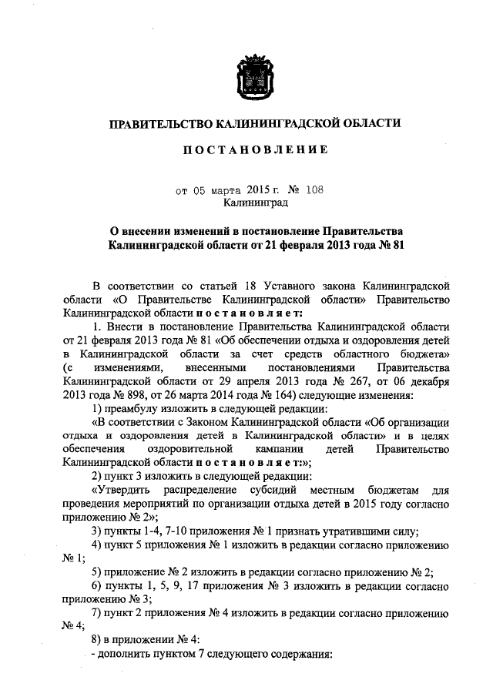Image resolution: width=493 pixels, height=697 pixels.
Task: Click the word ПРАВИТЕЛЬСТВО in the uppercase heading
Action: pyautogui.click(x=160, y=123)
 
